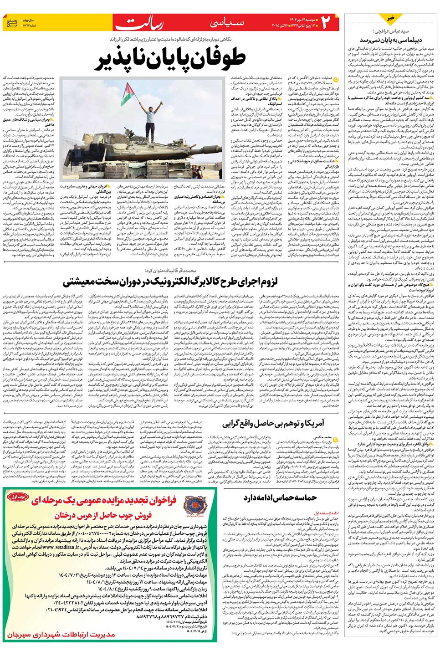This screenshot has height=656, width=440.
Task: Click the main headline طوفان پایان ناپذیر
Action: tap(170, 60)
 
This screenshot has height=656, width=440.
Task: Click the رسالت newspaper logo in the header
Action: tap(145, 23)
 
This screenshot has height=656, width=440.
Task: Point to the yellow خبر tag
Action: tap(391, 18)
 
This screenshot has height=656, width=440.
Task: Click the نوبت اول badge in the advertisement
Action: tap(18, 497)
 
